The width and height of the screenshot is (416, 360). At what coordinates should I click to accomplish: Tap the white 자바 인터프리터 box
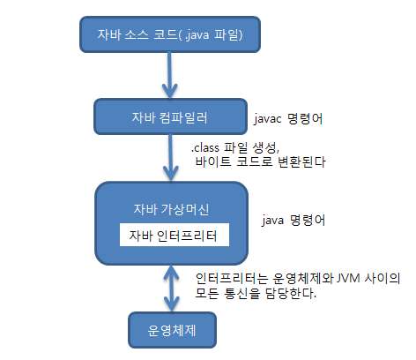point(175,236)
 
